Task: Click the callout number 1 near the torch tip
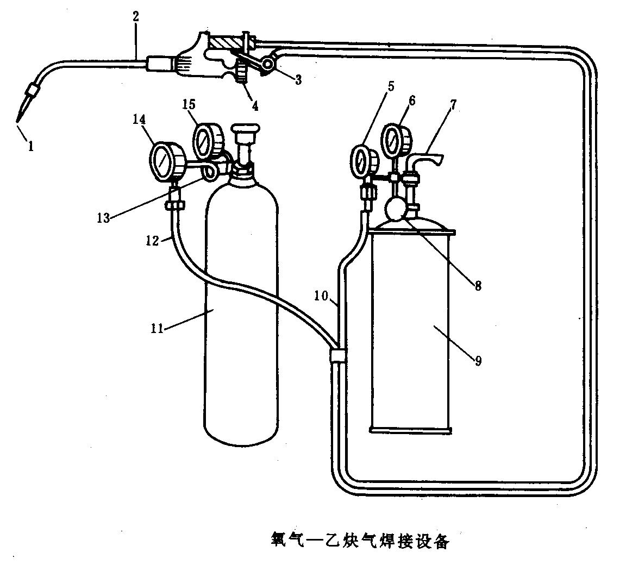(x=31, y=146)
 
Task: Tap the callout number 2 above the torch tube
(x=136, y=16)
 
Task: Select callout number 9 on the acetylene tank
(x=478, y=360)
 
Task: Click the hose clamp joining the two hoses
(x=337, y=356)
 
